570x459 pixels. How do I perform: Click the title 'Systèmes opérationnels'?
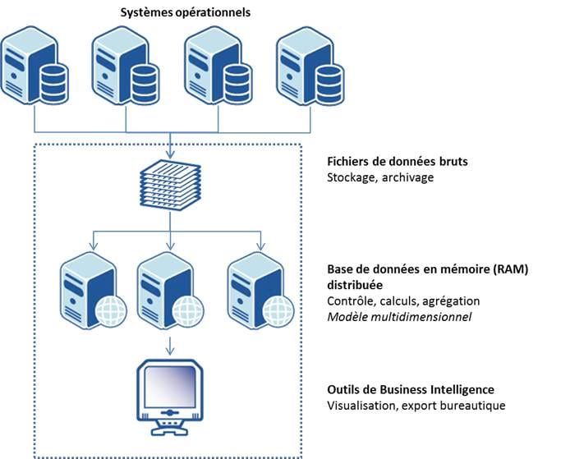coord(186,12)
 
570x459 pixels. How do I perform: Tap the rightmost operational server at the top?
coord(308,66)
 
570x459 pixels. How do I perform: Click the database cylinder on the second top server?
coord(145,79)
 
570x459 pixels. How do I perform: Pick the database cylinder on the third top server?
coord(237,79)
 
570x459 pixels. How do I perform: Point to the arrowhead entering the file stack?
coord(170,156)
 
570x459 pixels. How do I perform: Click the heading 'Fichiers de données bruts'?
coord(398,162)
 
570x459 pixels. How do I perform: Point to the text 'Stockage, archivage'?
coord(377,177)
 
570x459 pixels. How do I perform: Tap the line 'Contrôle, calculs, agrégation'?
coord(403,301)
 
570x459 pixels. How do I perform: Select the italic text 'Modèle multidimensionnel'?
coord(399,316)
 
